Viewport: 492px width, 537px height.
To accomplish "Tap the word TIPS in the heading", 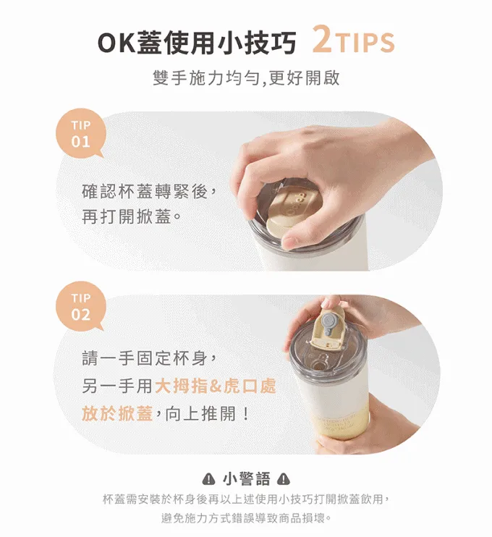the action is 365,43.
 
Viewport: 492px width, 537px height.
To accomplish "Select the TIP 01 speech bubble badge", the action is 81,134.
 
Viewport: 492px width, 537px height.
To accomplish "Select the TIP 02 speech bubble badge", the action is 81,307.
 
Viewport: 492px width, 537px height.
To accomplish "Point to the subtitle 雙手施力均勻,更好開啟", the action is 246,77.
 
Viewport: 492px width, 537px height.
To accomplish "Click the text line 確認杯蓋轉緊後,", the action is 149,191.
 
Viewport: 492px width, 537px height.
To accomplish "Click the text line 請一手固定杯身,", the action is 149,358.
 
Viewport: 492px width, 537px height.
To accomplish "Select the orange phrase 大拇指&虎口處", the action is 216,386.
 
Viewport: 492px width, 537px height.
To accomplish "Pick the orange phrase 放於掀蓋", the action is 117,413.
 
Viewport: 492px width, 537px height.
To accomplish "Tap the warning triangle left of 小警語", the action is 208,479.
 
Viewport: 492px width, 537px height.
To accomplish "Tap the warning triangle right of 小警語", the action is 284,479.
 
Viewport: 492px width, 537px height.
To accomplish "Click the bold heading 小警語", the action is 246,479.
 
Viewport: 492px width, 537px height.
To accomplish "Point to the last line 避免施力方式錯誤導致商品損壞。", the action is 246,518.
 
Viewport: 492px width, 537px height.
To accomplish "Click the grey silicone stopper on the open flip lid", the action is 328,323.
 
